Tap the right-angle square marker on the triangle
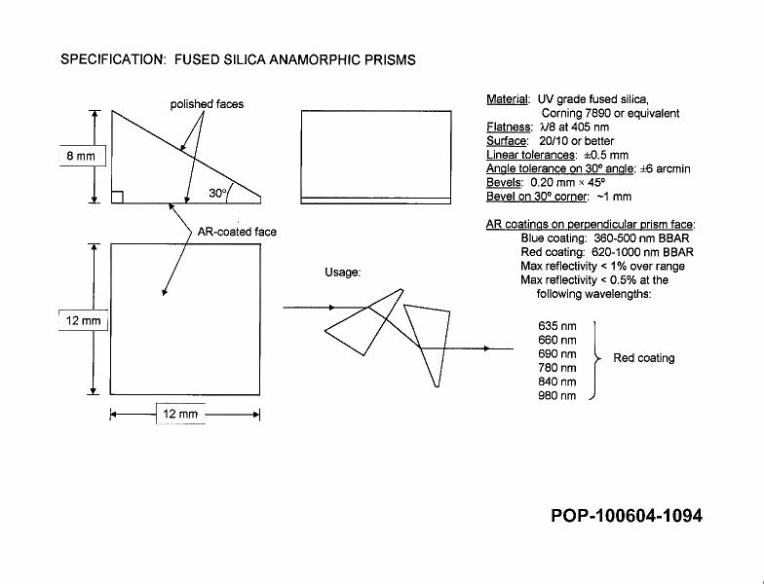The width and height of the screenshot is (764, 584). point(117,198)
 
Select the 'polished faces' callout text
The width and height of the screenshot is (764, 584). point(207,104)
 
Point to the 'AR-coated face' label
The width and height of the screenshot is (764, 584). point(237,233)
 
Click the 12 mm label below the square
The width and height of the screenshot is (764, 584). point(180,415)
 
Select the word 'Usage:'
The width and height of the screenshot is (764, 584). point(343,273)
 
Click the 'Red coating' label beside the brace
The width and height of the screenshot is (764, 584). point(643,358)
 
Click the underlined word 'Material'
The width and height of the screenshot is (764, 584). point(508,99)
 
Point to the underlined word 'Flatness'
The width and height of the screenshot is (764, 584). point(508,128)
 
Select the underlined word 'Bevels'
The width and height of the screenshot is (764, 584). point(504,182)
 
